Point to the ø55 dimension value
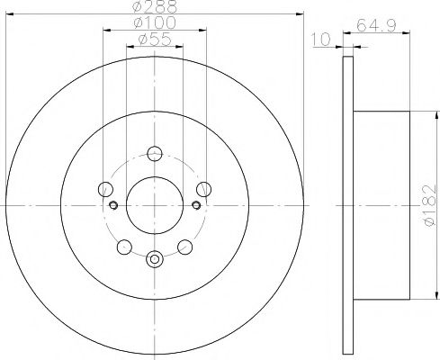tap(155, 40)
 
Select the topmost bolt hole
tap(155, 153)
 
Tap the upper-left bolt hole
tap(105, 189)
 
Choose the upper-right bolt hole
tap(204, 189)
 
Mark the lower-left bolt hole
tap(124, 247)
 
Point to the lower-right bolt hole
tap(185, 247)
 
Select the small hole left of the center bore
tap(114, 206)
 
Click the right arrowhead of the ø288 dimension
tap(302, 13)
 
